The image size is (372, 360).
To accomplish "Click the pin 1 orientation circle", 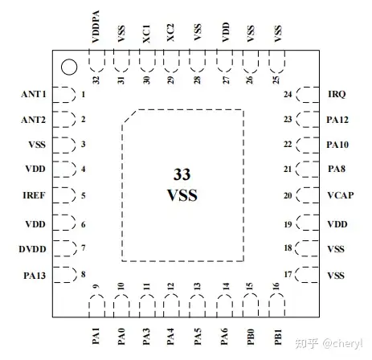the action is click(69, 67).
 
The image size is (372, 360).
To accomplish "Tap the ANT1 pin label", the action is click(34, 94).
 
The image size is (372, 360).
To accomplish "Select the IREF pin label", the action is click(34, 195).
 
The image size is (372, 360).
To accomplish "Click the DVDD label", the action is click(32, 249).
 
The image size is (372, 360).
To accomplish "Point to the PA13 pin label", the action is click(35, 276).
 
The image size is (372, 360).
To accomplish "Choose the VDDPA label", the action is click(96, 27).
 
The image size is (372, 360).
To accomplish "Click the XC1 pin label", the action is click(146, 34).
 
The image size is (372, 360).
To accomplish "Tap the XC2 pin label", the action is click(170, 33).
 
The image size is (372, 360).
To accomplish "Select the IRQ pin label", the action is click(337, 94).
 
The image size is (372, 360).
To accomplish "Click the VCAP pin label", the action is click(341, 195).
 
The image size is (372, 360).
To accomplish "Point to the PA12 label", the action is click(337, 120).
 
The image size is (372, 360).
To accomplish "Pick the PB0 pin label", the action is click(251, 337).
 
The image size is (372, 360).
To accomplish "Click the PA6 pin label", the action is click(224, 337).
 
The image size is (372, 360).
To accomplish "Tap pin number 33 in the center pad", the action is click(182, 174).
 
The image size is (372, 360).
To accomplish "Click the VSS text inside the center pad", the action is click(182, 195).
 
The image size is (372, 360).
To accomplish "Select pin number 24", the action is click(288, 94).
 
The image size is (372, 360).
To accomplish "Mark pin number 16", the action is click(276, 286).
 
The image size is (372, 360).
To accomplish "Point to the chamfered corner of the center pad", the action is click(130, 117).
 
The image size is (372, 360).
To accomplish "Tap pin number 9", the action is click(96, 287).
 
